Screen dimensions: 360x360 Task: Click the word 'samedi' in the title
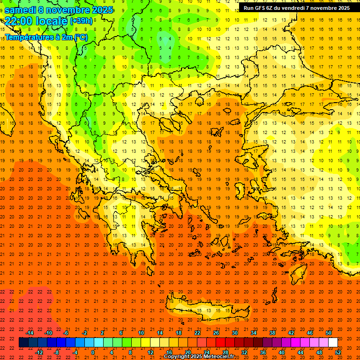[21, 10]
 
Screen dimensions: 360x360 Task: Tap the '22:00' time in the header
[19, 21]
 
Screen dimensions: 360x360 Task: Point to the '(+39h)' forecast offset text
[81, 21]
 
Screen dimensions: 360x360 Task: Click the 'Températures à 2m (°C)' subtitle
[46, 37]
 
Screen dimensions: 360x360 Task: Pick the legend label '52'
[338, 352]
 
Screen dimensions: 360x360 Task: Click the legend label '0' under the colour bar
[92, 352]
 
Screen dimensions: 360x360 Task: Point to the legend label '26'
[216, 333]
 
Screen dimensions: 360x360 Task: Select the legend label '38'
[272, 333]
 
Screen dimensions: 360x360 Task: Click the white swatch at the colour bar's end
[333, 343]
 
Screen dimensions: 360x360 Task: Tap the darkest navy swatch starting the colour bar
[23, 343]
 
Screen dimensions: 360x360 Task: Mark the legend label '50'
[329, 333]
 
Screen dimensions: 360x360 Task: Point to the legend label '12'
[150, 352]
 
